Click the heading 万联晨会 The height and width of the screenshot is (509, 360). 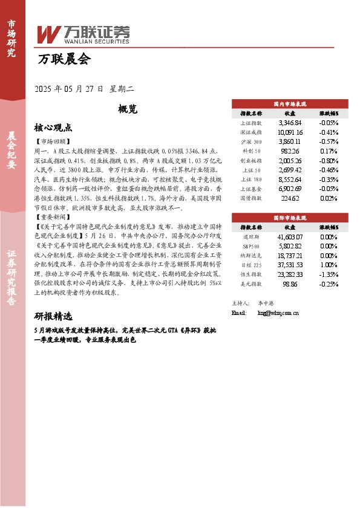[64, 60]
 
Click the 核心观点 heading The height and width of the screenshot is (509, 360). [53, 128]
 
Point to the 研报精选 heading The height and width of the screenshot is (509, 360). [53, 316]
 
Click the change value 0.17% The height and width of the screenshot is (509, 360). [328, 151]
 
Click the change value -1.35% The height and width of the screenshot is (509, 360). [328, 274]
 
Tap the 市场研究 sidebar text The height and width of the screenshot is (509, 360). [11, 37]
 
